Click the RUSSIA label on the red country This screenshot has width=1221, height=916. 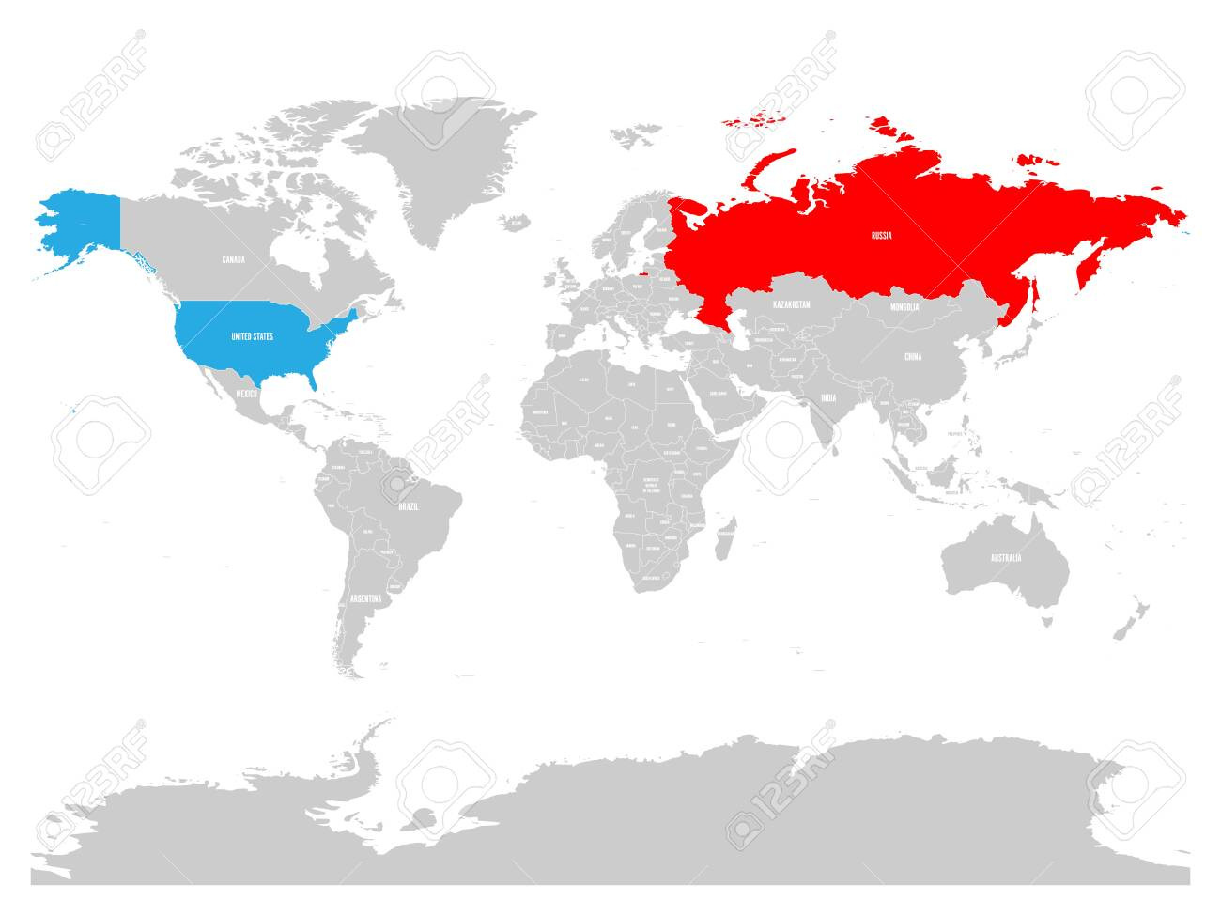pyautogui.click(x=881, y=235)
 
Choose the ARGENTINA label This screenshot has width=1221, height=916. pyautogui.click(x=365, y=598)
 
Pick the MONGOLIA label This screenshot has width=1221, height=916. pyautogui.click(x=905, y=306)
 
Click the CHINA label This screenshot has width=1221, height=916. pyautogui.click(x=912, y=357)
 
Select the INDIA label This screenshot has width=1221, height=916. pyautogui.click(x=827, y=397)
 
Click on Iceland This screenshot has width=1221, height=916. pyautogui.click(x=512, y=222)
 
